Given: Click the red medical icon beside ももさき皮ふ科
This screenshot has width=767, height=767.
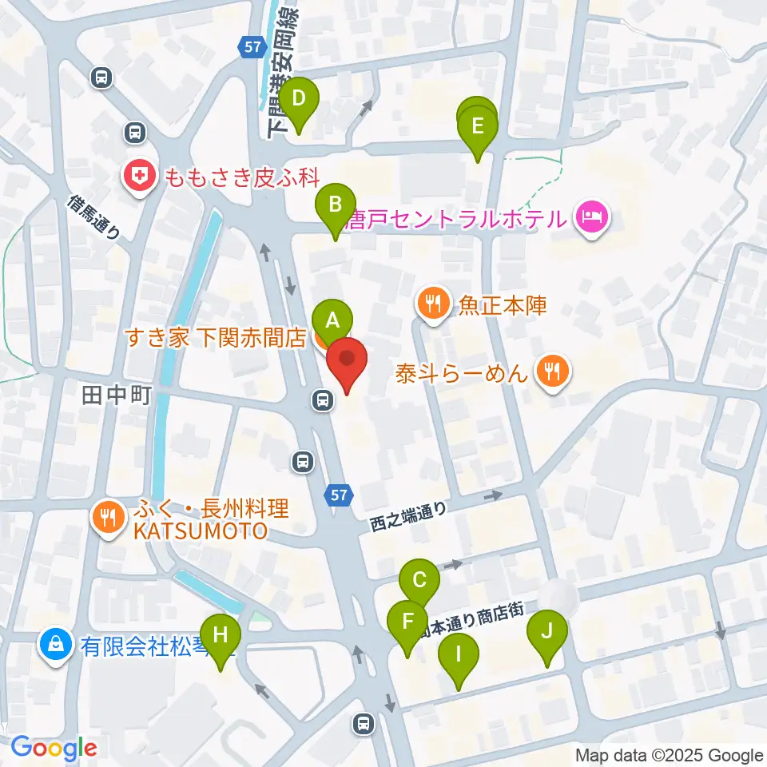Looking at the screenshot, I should (x=139, y=177).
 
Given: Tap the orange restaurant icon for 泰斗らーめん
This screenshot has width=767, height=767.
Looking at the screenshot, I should (x=551, y=370).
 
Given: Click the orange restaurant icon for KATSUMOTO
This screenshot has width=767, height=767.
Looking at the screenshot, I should (x=107, y=517).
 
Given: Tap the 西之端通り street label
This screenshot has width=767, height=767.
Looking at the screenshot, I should (x=407, y=518).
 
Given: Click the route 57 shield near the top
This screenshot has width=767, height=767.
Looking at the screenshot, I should (x=252, y=47).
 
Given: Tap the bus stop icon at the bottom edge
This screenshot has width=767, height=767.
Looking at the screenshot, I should (x=364, y=724).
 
